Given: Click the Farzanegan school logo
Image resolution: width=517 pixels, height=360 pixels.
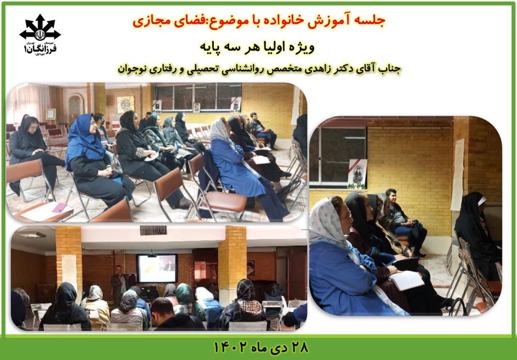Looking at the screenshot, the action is pyautogui.click(x=40, y=34).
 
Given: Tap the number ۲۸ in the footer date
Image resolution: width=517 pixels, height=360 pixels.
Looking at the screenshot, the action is pyautogui.click(x=298, y=348).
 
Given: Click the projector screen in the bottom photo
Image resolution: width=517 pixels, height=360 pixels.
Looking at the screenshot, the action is pyautogui.click(x=157, y=268).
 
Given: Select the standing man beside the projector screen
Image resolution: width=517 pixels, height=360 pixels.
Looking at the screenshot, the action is pyautogui.click(x=118, y=284).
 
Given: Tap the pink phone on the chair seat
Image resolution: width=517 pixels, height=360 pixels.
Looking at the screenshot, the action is pyautogui.click(x=59, y=207).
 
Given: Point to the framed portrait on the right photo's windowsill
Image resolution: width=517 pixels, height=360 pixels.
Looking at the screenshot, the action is pyautogui.click(x=357, y=173).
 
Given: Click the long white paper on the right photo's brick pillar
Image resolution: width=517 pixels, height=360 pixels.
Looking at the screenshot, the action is pyautogui.click(x=458, y=174).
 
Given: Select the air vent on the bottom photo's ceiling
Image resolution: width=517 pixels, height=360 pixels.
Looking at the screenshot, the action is pyautogui.click(x=154, y=230).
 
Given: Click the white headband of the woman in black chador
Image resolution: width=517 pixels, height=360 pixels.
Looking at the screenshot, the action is pyautogui.click(x=482, y=201).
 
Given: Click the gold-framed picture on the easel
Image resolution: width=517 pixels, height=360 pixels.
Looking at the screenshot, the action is pyautogui.click(x=51, y=114).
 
